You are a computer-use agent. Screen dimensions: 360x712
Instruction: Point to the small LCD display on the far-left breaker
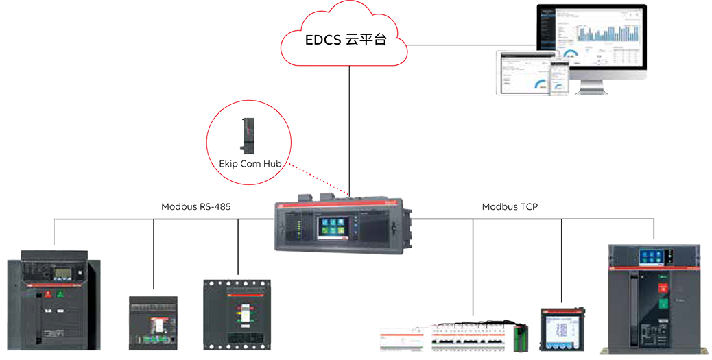coord(63,272)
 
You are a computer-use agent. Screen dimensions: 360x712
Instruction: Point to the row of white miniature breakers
coord(453,338)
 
